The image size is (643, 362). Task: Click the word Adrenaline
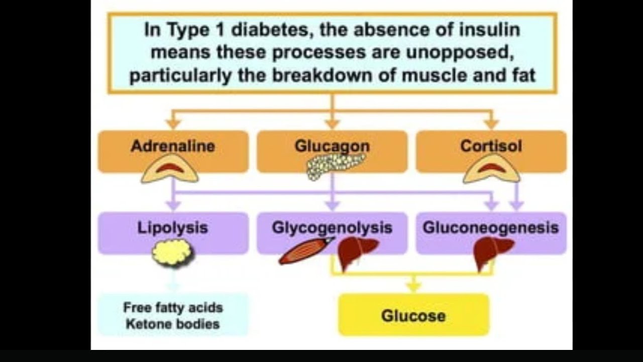[x=172, y=146]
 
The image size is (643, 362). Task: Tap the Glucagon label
[x=332, y=146]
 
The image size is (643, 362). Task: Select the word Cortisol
[x=491, y=146]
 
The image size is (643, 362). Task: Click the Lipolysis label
[x=172, y=227]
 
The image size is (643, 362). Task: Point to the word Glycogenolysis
[x=332, y=227]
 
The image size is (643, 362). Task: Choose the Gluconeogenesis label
[x=490, y=227]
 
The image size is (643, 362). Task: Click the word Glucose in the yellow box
[x=413, y=316]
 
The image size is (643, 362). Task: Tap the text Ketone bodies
[x=172, y=324]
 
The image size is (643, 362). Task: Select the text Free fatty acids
[x=172, y=307]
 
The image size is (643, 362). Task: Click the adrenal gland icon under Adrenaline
[x=170, y=169]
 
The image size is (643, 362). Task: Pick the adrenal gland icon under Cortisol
[x=491, y=169]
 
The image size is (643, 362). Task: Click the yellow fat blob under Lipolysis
[x=172, y=252]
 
